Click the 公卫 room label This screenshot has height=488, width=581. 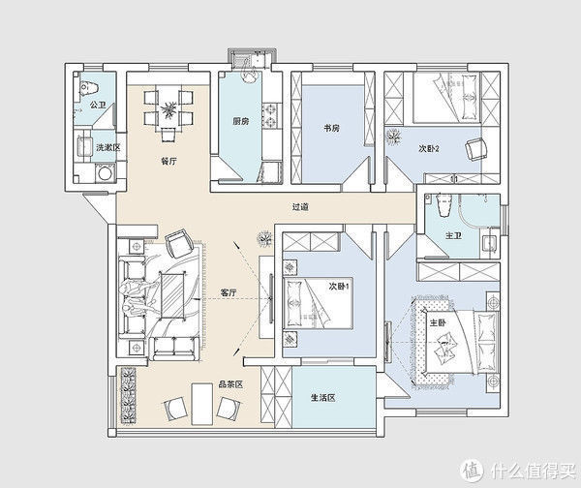[98, 105]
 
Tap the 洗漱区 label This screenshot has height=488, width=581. [108, 147]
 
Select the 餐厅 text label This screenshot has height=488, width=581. [168, 161]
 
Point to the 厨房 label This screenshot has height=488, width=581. [241, 121]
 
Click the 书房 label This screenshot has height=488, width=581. [331, 129]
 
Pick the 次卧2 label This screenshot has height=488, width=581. [429, 148]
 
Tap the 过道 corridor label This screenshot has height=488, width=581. [300, 207]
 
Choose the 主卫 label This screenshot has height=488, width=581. [453, 235]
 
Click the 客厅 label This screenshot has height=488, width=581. [229, 292]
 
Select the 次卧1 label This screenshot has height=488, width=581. [339, 287]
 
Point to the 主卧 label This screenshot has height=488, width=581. [438, 322]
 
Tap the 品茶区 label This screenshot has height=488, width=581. [230, 384]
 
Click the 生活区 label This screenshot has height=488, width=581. [323, 398]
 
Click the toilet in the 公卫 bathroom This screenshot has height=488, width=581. [89, 88]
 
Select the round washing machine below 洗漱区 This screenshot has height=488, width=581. [106, 173]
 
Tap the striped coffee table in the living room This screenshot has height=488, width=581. [172, 295]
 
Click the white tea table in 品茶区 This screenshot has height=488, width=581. [202, 405]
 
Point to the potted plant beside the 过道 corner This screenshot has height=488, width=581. [264, 237]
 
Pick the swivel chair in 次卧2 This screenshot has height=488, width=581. [476, 148]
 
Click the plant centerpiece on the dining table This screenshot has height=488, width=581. [168, 109]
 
